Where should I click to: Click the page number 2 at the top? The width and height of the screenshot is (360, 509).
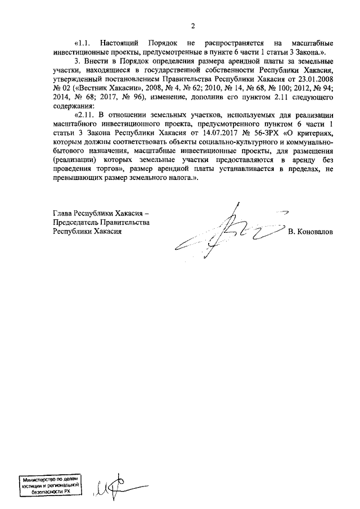tap(192, 26)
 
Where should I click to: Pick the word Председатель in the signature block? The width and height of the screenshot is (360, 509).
tap(74, 223)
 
